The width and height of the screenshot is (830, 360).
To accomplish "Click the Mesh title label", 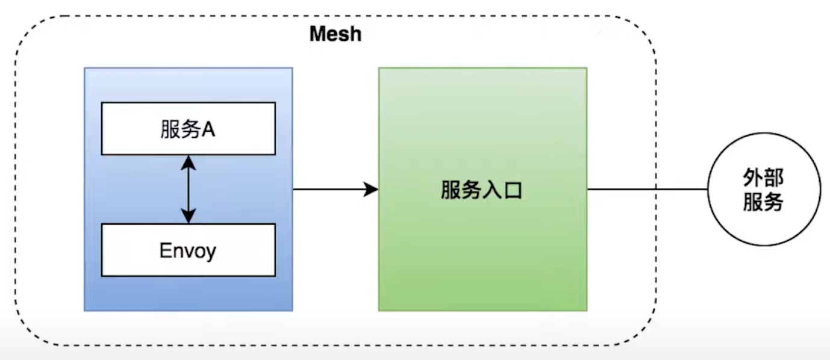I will coord(335,34).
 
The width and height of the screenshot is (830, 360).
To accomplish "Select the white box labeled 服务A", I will coord(188,128).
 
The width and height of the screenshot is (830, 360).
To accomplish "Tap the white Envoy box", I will coord(188,250).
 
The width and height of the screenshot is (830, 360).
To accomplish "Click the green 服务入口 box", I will coord(482,253).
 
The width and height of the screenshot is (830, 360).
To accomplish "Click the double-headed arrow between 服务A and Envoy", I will coord(189,189).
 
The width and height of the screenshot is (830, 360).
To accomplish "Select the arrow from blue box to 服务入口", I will coord(335,190).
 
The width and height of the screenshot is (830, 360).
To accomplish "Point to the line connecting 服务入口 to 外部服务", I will coord(647,190).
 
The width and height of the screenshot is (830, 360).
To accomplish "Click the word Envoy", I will coord(187,250).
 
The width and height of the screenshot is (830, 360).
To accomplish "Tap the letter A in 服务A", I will coord(208,130).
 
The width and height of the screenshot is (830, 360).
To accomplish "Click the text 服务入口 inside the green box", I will coord(481,190).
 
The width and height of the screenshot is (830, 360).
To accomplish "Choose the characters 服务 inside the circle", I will coord(763,202).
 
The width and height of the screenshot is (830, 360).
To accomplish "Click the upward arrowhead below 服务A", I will coord(189,161).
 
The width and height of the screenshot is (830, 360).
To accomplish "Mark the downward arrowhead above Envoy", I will coord(189,217).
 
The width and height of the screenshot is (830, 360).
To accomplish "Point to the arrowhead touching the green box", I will coord(371,190).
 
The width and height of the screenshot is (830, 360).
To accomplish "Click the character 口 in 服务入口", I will coord(512,190).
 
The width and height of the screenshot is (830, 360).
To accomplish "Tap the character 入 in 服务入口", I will coord(491,190).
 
